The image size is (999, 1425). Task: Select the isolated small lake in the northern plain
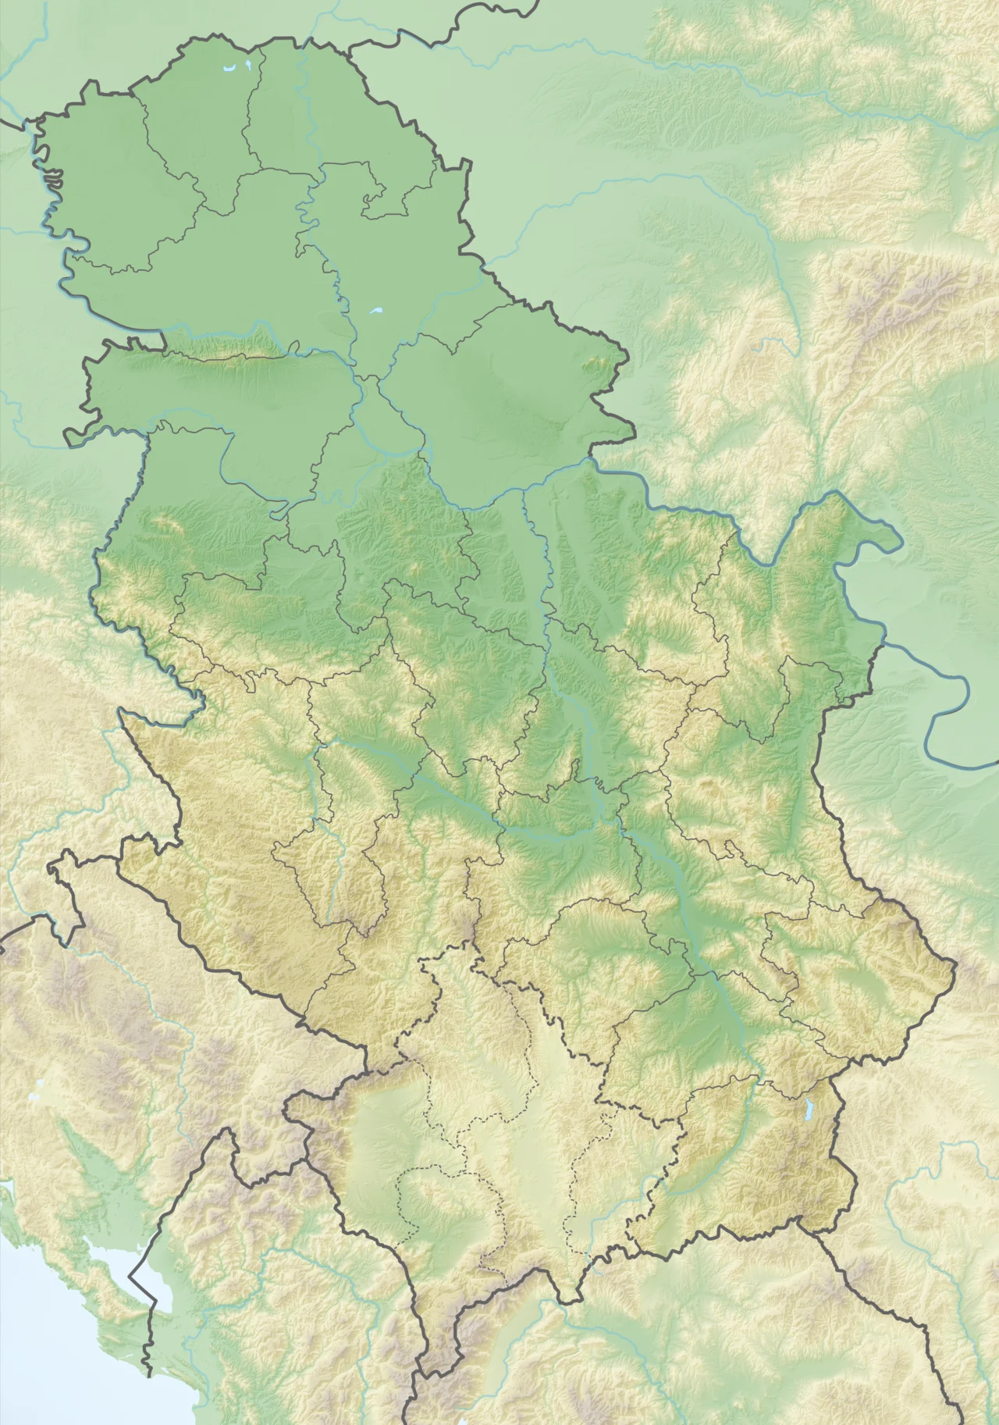(x=376, y=312)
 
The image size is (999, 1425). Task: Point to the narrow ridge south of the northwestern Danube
(x=234, y=356)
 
